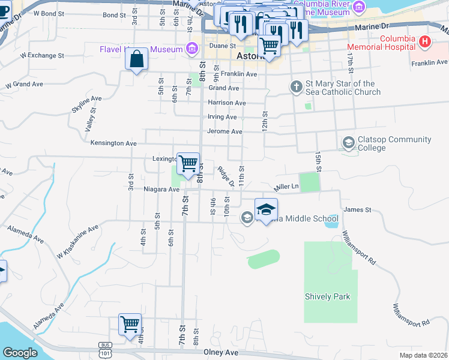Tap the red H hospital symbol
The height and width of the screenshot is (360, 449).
pyautogui.click(x=425, y=42)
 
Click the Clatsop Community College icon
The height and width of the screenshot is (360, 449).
pyautogui.click(x=348, y=143)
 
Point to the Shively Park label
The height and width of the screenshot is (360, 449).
pyautogui.click(x=327, y=296)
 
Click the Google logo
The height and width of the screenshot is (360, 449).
pyautogui.click(x=20, y=353)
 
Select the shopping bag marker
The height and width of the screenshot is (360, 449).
pyautogui.click(x=136, y=59)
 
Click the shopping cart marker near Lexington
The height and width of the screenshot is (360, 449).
pyautogui.click(x=188, y=163)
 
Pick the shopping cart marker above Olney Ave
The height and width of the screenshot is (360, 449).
pyautogui.click(x=130, y=325)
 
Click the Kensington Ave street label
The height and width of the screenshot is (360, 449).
pyautogui.click(x=113, y=143)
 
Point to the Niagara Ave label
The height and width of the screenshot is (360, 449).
pyautogui.click(x=162, y=189)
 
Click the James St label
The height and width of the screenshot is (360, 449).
pyautogui.click(x=358, y=209)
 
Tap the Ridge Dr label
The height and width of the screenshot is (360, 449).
pyautogui.click(x=226, y=176)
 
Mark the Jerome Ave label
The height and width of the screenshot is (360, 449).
pyautogui.click(x=224, y=131)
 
